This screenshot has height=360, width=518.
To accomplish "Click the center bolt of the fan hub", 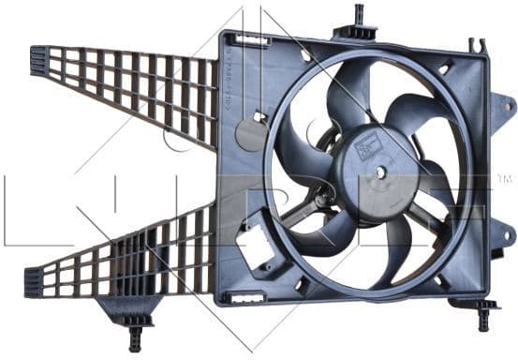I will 381,172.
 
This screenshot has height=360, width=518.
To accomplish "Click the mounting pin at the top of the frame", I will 359,16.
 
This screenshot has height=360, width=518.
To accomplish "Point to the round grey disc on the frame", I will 251,133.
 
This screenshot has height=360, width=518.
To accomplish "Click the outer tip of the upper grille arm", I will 39,60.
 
